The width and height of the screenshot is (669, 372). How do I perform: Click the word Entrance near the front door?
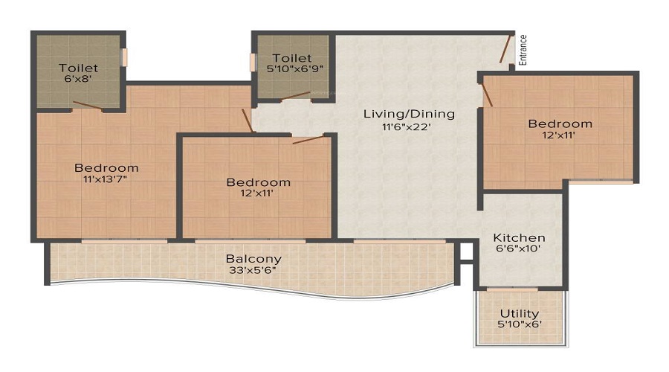[523, 51]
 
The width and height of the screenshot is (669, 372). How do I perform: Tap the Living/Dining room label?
[409, 114]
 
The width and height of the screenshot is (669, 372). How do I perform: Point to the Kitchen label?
[520, 237]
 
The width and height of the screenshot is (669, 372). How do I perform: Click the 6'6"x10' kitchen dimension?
[520, 250]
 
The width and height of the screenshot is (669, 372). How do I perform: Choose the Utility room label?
[520, 313]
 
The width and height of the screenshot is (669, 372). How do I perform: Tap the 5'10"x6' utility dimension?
[520, 325]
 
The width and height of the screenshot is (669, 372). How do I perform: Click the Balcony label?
[253, 258]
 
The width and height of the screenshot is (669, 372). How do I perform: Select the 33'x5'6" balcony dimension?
[253, 271]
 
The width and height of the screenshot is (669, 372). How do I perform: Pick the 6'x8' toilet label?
[78, 80]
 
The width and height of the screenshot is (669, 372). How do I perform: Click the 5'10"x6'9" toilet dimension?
[291, 69]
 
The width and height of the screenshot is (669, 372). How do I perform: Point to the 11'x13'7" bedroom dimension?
[106, 179]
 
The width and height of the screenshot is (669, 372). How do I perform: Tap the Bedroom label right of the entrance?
[560, 124]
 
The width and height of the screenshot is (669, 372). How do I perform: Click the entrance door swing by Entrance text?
[505, 49]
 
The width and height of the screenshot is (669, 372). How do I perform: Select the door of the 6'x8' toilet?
[87, 105]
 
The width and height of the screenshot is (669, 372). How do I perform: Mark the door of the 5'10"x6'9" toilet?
[295, 94]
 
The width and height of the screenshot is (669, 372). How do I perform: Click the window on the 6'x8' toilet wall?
[125, 57]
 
